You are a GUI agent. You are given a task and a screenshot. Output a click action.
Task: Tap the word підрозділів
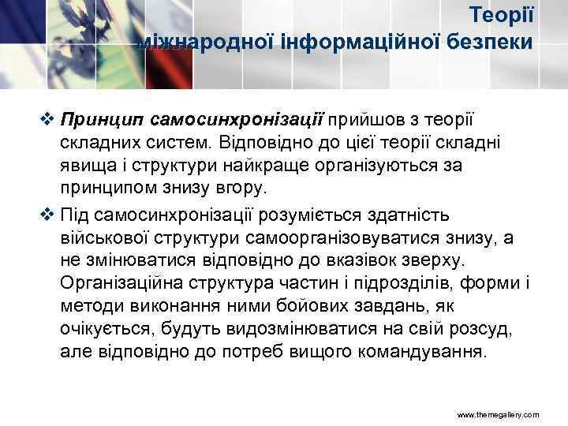pyautogui.click(x=407, y=284)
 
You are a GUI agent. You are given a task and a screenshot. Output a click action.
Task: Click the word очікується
pyautogui.click(x=103, y=328)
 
